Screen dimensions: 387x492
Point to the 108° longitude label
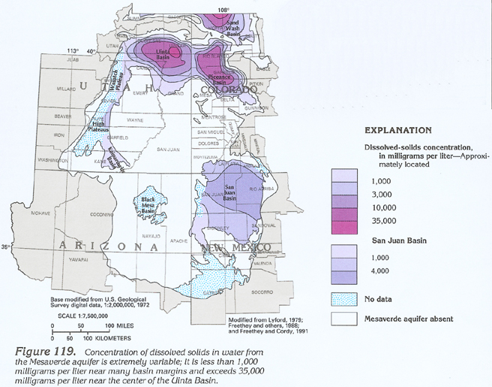point(223,9)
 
